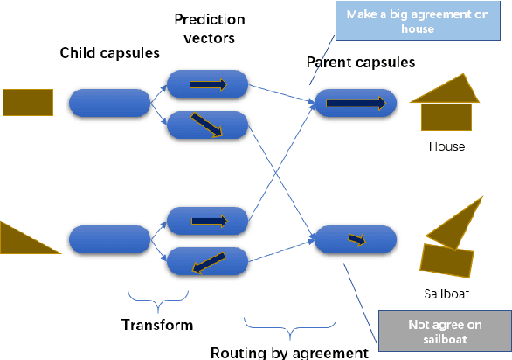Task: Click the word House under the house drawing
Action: [x=446, y=147]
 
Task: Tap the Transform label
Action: [x=157, y=325]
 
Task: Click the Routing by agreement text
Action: [x=289, y=352]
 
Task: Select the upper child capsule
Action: [x=109, y=102]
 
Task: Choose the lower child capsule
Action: [x=109, y=239]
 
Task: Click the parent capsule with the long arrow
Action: [x=355, y=103]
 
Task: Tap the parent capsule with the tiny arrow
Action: [x=355, y=239]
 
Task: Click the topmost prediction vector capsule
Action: [x=208, y=85]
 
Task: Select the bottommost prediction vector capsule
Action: [x=208, y=260]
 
